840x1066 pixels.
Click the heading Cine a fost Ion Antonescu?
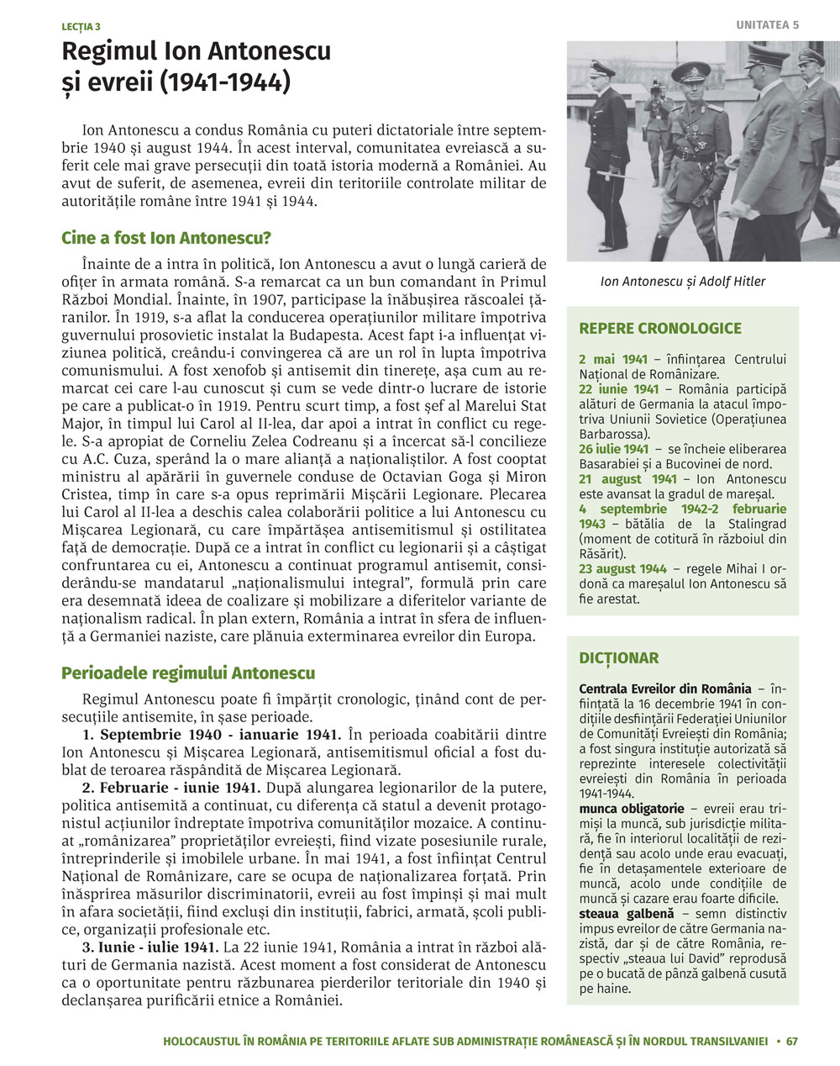(165, 238)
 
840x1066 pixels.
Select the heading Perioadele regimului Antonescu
(188, 673)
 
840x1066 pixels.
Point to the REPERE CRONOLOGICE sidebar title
(660, 329)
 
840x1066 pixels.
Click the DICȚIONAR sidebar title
(619, 658)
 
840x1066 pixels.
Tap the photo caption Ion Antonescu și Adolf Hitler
(683, 282)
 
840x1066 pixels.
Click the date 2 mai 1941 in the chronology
(612, 360)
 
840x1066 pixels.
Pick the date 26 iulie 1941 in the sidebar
(614, 449)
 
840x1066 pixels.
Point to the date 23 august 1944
(623, 569)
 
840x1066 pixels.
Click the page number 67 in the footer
(792, 1041)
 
